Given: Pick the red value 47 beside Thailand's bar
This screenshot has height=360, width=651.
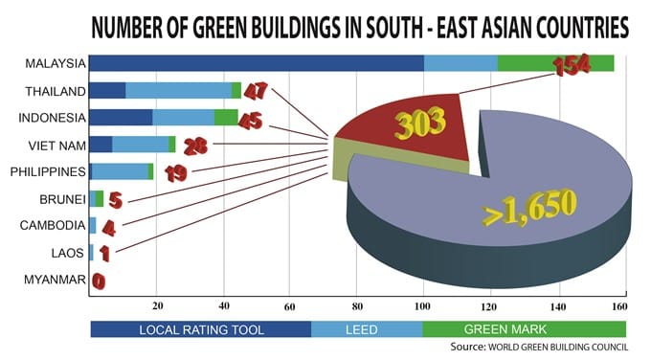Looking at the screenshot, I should [x=256, y=93].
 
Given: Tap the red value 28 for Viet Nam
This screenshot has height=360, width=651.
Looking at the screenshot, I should [x=195, y=145].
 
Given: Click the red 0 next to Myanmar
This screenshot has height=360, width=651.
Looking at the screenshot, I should [x=99, y=281].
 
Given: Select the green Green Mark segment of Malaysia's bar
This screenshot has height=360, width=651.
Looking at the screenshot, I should [x=556, y=63].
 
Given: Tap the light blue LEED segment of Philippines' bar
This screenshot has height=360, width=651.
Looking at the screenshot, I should [x=120, y=171].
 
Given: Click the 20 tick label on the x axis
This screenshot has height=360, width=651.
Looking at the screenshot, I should [x=157, y=306].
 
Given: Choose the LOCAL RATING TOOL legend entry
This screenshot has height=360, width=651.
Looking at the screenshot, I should [x=200, y=329].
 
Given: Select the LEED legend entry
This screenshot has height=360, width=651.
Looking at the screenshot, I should [x=367, y=329].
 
